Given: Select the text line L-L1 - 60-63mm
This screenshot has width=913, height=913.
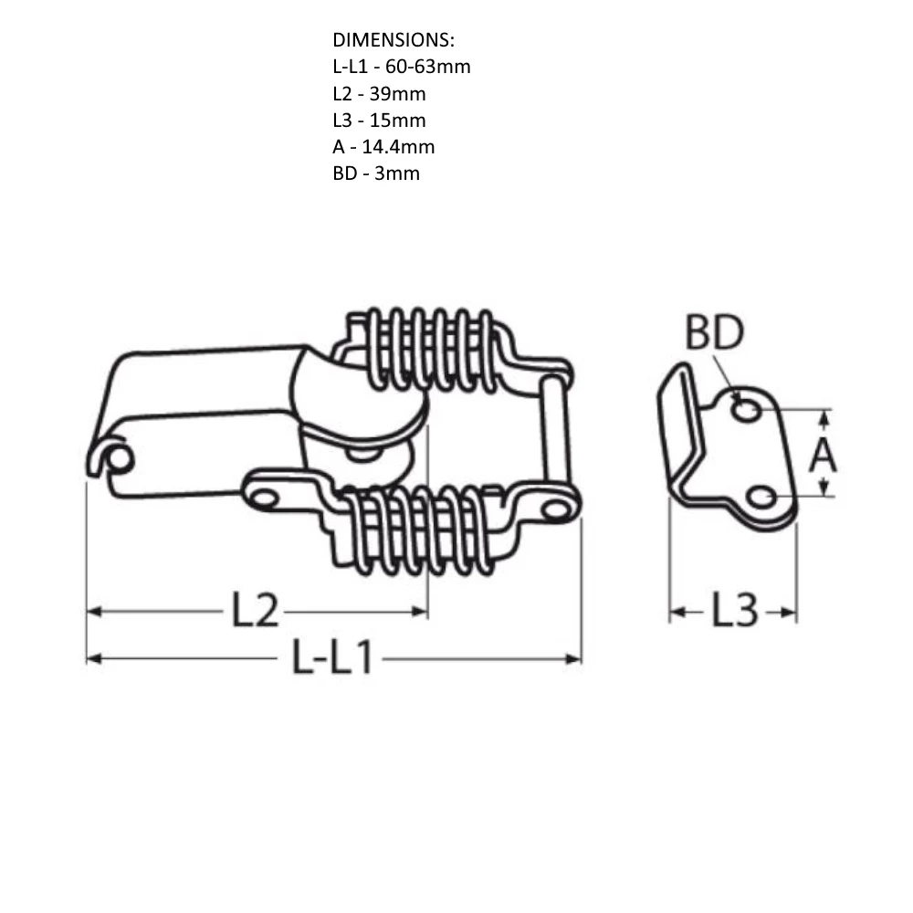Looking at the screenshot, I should pos(402,67).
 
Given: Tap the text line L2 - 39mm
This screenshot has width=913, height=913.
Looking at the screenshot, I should pos(379,93).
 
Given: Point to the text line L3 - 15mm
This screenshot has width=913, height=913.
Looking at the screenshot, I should pos(379,120).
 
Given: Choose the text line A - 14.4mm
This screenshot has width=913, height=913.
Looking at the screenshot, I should pos(383,146).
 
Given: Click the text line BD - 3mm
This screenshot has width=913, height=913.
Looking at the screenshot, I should pos(376,173).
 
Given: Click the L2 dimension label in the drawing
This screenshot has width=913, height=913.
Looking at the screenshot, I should pos(254,612).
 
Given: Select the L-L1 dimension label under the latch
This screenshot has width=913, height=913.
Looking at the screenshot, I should pos(332,657).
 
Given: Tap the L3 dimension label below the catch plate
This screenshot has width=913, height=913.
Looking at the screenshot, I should pos(734,612).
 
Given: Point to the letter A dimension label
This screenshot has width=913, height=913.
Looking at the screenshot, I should pos(823,454).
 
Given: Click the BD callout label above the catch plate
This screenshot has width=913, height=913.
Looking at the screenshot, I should pos(715,335).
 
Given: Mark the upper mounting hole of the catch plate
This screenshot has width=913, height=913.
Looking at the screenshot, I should pos(747,410).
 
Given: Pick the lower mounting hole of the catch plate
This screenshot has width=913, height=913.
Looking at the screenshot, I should pos(761,497).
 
